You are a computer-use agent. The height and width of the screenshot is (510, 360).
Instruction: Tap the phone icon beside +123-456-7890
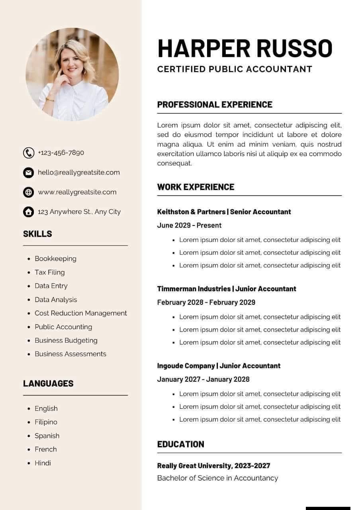click(29, 153)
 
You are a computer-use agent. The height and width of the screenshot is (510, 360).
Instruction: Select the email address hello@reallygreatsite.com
click(78, 173)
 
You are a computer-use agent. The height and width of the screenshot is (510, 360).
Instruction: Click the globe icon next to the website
click(29, 192)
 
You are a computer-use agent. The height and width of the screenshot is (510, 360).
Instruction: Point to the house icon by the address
click(29, 212)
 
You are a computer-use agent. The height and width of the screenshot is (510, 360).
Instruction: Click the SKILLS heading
click(37, 234)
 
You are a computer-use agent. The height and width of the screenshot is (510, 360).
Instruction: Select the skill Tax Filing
click(49, 272)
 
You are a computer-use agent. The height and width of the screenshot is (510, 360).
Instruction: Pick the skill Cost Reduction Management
click(80, 313)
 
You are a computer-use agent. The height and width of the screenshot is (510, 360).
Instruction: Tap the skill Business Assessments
click(70, 354)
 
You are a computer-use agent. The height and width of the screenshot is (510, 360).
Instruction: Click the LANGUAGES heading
click(48, 383)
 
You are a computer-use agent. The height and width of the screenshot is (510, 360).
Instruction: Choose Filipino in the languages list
click(46, 422)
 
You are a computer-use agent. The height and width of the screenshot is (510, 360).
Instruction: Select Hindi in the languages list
click(43, 463)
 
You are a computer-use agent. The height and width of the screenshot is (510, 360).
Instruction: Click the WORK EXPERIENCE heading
click(196, 187)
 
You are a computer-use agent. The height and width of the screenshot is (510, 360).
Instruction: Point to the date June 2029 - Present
click(189, 226)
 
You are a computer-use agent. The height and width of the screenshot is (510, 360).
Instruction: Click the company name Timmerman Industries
click(194, 289)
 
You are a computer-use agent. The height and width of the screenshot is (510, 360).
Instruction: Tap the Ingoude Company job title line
click(219, 366)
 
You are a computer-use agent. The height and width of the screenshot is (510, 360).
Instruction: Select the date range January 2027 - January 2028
click(203, 379)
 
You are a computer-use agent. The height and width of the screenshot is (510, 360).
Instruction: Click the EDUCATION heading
click(180, 444)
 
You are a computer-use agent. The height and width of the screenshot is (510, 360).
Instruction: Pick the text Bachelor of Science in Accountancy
click(217, 478)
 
